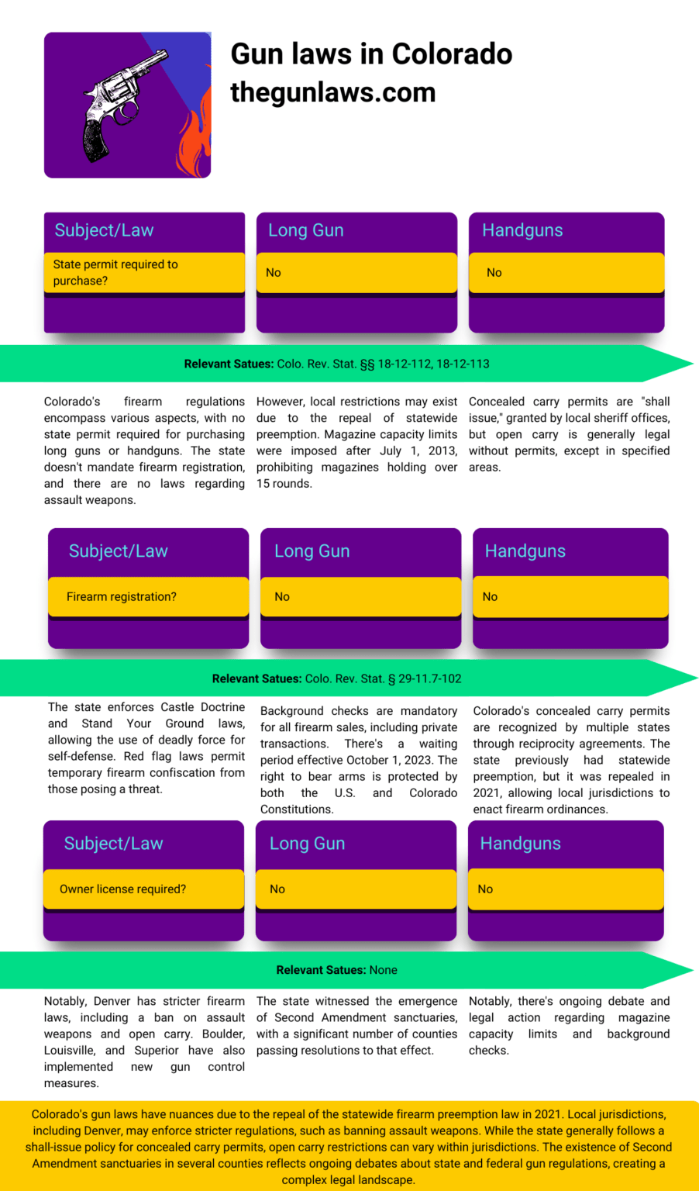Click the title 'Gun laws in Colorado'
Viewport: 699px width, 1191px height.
point(371,54)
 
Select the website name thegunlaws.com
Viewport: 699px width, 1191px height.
point(333,92)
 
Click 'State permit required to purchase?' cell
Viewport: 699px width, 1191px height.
point(144,273)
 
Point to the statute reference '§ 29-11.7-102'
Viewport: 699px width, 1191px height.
point(425,678)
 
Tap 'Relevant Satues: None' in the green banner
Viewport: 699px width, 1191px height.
point(337,970)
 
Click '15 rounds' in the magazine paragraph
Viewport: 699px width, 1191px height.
point(284,483)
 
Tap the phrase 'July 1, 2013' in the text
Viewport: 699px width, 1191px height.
point(424,451)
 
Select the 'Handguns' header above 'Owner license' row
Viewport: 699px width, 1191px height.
point(520,844)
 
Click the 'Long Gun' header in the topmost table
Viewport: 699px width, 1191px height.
point(306,230)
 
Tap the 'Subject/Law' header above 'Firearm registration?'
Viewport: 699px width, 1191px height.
point(118,551)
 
